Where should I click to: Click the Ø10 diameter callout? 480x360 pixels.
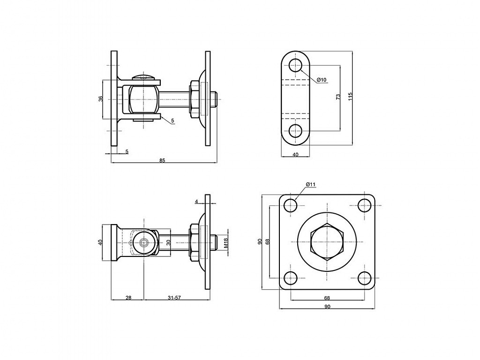[x=322, y=80]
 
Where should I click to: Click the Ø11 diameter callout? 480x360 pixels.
[x=310, y=184]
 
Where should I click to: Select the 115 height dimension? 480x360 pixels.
[x=351, y=96]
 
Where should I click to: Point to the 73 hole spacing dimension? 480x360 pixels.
[x=338, y=97]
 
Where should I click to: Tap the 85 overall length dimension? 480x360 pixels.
[x=162, y=160]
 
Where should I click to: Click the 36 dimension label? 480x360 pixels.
[x=101, y=98]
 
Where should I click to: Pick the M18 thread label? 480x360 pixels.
[x=226, y=243]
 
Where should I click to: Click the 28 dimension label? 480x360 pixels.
[x=128, y=298]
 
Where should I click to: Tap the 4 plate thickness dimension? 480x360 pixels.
[x=196, y=202]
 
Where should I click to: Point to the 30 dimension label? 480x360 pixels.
[x=168, y=242]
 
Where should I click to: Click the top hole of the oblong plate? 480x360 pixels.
[x=295, y=65]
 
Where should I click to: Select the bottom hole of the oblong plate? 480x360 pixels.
[x=295, y=131]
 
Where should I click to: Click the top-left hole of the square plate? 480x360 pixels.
[x=291, y=205]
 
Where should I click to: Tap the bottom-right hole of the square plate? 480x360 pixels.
[x=365, y=278]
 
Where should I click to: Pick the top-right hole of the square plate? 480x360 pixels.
[x=365, y=205]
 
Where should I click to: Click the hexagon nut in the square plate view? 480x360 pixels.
[x=327, y=242]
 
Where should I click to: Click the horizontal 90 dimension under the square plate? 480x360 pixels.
[x=327, y=307]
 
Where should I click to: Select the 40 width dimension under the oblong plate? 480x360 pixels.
[x=295, y=155]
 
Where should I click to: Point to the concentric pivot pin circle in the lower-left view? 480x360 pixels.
[x=143, y=243]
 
